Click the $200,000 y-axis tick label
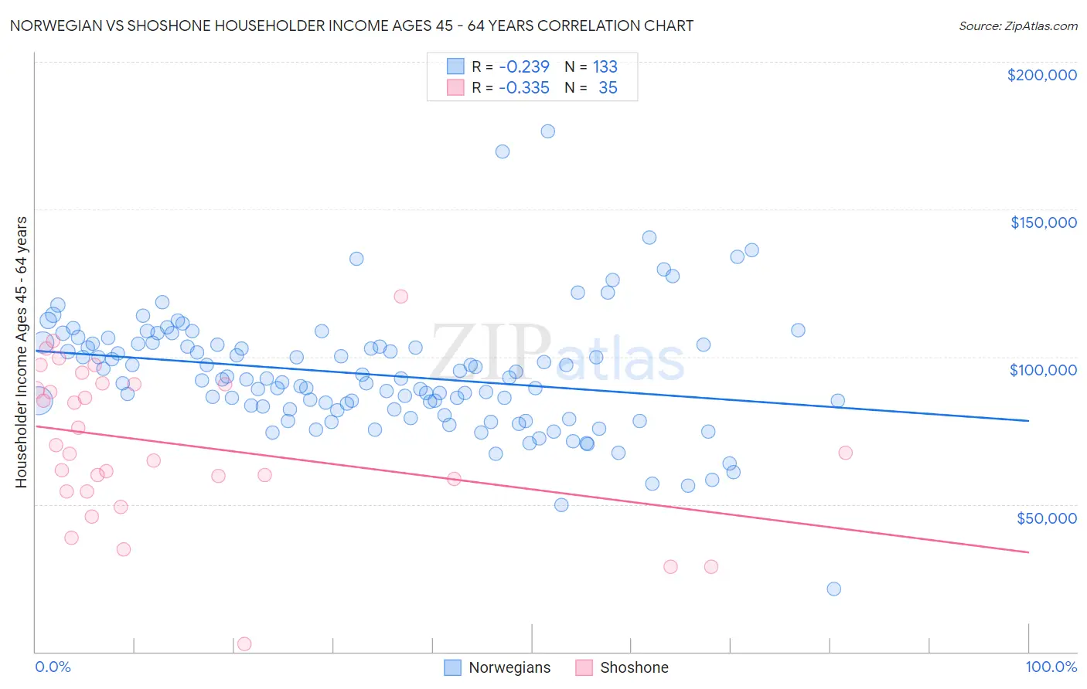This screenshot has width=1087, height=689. click(1041, 75)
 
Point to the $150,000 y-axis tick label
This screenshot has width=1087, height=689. click(1043, 222)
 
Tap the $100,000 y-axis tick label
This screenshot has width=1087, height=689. click(1043, 370)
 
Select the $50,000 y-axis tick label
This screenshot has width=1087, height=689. click(1046, 518)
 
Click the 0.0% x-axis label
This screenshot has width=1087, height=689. click(53, 667)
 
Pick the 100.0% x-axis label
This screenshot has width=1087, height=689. click(1051, 667)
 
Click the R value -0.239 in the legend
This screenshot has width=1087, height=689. click(523, 66)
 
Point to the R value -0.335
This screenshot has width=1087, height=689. click(523, 88)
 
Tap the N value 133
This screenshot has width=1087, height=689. click(605, 66)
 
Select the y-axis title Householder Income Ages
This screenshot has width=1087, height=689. click(21, 352)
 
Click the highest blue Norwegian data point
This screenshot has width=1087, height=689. click(547, 131)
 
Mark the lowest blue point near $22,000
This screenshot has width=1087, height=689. click(833, 589)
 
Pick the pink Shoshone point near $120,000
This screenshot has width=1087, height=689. click(400, 296)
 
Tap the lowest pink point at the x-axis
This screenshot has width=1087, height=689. click(244, 643)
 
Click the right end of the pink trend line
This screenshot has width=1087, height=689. click(1028, 552)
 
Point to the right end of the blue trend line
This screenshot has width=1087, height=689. click(1028, 420)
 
